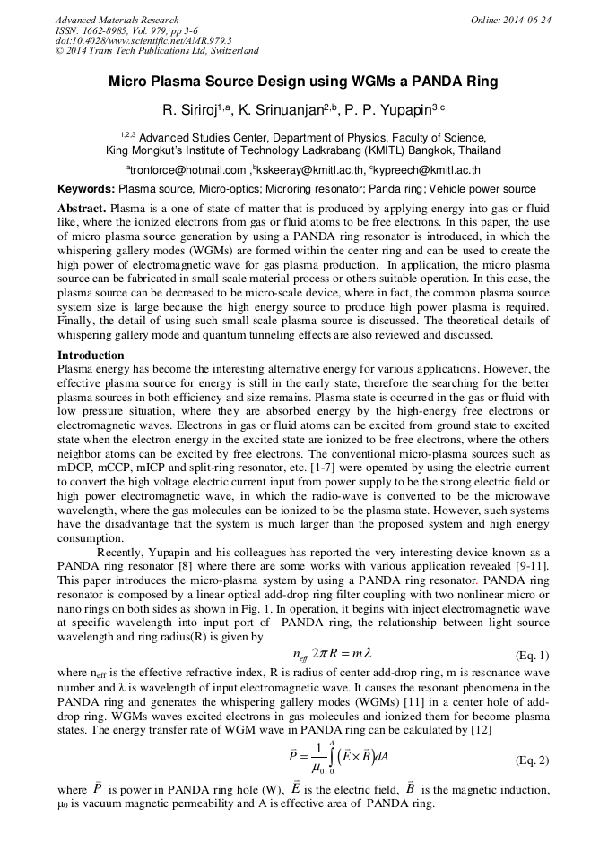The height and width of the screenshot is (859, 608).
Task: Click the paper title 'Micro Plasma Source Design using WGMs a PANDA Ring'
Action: coord(303,82)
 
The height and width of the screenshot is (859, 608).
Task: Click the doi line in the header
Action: coord(143,40)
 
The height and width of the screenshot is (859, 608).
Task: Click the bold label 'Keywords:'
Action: coord(86,189)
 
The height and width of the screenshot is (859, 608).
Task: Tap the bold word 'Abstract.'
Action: coord(82,208)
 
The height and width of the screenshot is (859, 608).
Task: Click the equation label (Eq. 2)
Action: coord(531,760)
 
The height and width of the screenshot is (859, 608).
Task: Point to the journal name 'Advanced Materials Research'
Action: coord(117,20)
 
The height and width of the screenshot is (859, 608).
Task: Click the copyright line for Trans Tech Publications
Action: coord(157,51)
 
